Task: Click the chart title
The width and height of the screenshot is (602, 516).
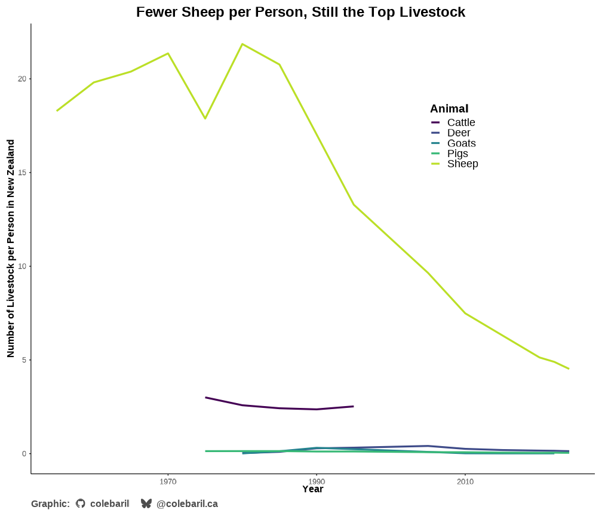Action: (300, 12)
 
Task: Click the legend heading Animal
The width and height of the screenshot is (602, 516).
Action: (449, 109)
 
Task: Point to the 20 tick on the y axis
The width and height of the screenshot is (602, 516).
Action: (23, 79)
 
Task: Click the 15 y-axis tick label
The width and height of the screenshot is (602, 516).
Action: (23, 173)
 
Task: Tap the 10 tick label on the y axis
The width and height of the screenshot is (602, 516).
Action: (23, 266)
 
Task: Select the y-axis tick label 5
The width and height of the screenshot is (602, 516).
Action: (24, 360)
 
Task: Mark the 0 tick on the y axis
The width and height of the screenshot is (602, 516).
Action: (24, 454)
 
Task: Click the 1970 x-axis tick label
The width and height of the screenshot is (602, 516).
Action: (168, 481)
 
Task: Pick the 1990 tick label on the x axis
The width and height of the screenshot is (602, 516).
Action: (317, 481)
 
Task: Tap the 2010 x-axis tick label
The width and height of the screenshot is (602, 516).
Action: (465, 481)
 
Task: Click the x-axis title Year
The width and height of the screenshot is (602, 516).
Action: (312, 489)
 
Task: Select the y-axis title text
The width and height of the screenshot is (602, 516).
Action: (11, 248)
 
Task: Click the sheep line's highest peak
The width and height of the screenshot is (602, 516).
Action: (242, 44)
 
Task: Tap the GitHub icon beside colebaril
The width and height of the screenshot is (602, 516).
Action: (81, 503)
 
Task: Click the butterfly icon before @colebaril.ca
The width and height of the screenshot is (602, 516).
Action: (146, 503)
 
